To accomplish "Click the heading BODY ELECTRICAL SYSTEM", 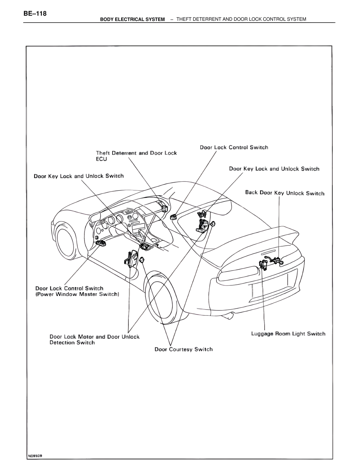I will point(132,19).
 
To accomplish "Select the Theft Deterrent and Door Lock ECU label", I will point(136,156).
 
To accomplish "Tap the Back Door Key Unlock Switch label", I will point(285,193).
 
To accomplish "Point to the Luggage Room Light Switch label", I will point(288,334).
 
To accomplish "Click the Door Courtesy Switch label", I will point(184,349).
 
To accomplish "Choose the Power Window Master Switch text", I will point(77,294).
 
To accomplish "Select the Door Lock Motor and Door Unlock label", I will point(94,337).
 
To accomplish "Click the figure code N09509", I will point(35,456).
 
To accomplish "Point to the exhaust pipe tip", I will point(229,316).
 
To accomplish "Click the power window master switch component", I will point(100,243).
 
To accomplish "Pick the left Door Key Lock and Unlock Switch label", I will point(79,176).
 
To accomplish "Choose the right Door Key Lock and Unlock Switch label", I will point(274,169).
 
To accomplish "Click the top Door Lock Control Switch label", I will point(234,147).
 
